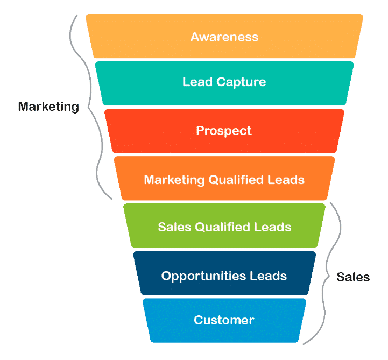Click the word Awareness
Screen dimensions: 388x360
tap(224, 37)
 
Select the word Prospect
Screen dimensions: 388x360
tap(224, 131)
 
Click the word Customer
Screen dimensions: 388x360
tap(224, 320)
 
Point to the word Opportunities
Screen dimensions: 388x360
tap(203, 276)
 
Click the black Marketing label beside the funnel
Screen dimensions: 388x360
tap(49, 107)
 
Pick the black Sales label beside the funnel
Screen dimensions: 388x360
tap(353, 277)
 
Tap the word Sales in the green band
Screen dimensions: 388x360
tap(174, 227)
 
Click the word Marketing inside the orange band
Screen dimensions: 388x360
tap(174, 180)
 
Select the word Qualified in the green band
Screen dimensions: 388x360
tap(222, 228)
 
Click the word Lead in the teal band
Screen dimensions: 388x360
tap(197, 82)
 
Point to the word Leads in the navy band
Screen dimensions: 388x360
tap(268, 276)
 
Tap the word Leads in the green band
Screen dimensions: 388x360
tap(273, 227)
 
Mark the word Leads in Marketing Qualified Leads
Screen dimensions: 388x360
tap(286, 180)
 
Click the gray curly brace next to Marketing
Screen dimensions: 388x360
tap(89, 107)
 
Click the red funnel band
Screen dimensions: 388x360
tap(224, 131)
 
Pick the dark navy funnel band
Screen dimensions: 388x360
tap(224, 273)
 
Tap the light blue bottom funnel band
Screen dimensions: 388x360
tap(224, 320)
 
